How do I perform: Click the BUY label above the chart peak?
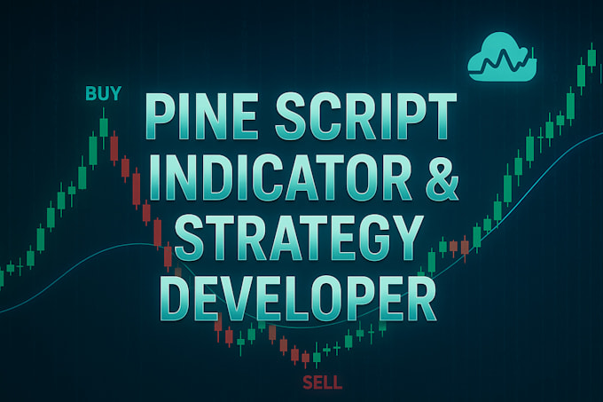click(103, 92)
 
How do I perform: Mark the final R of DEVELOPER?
click(420, 300)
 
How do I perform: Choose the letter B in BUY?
click(90, 92)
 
